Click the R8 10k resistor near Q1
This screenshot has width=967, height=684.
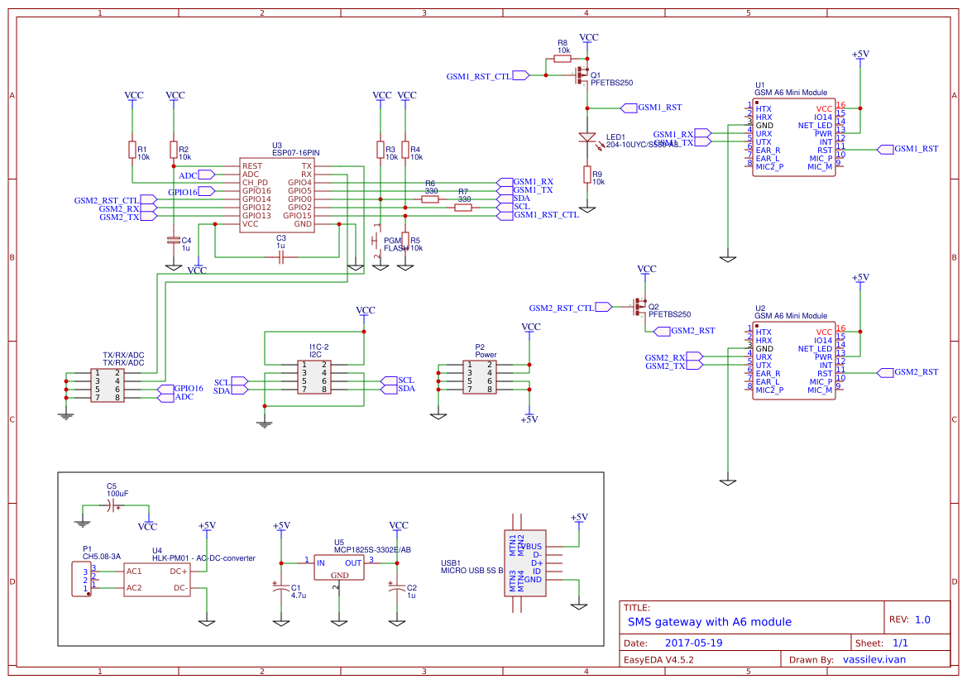(x=562, y=59)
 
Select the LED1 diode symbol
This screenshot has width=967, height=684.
(x=586, y=137)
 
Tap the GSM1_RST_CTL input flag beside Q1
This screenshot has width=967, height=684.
(x=520, y=75)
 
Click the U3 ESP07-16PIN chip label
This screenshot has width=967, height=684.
(x=295, y=153)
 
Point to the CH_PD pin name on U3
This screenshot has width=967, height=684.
(x=255, y=183)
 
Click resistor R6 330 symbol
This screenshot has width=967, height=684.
(x=430, y=199)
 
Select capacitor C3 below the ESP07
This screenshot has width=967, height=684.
(x=281, y=258)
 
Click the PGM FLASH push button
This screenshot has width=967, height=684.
(x=376, y=241)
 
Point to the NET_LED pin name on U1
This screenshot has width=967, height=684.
(x=815, y=126)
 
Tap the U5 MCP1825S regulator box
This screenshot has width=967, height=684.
(x=339, y=567)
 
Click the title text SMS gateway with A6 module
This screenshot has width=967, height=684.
(x=709, y=622)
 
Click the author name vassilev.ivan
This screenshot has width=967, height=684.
(x=874, y=660)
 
